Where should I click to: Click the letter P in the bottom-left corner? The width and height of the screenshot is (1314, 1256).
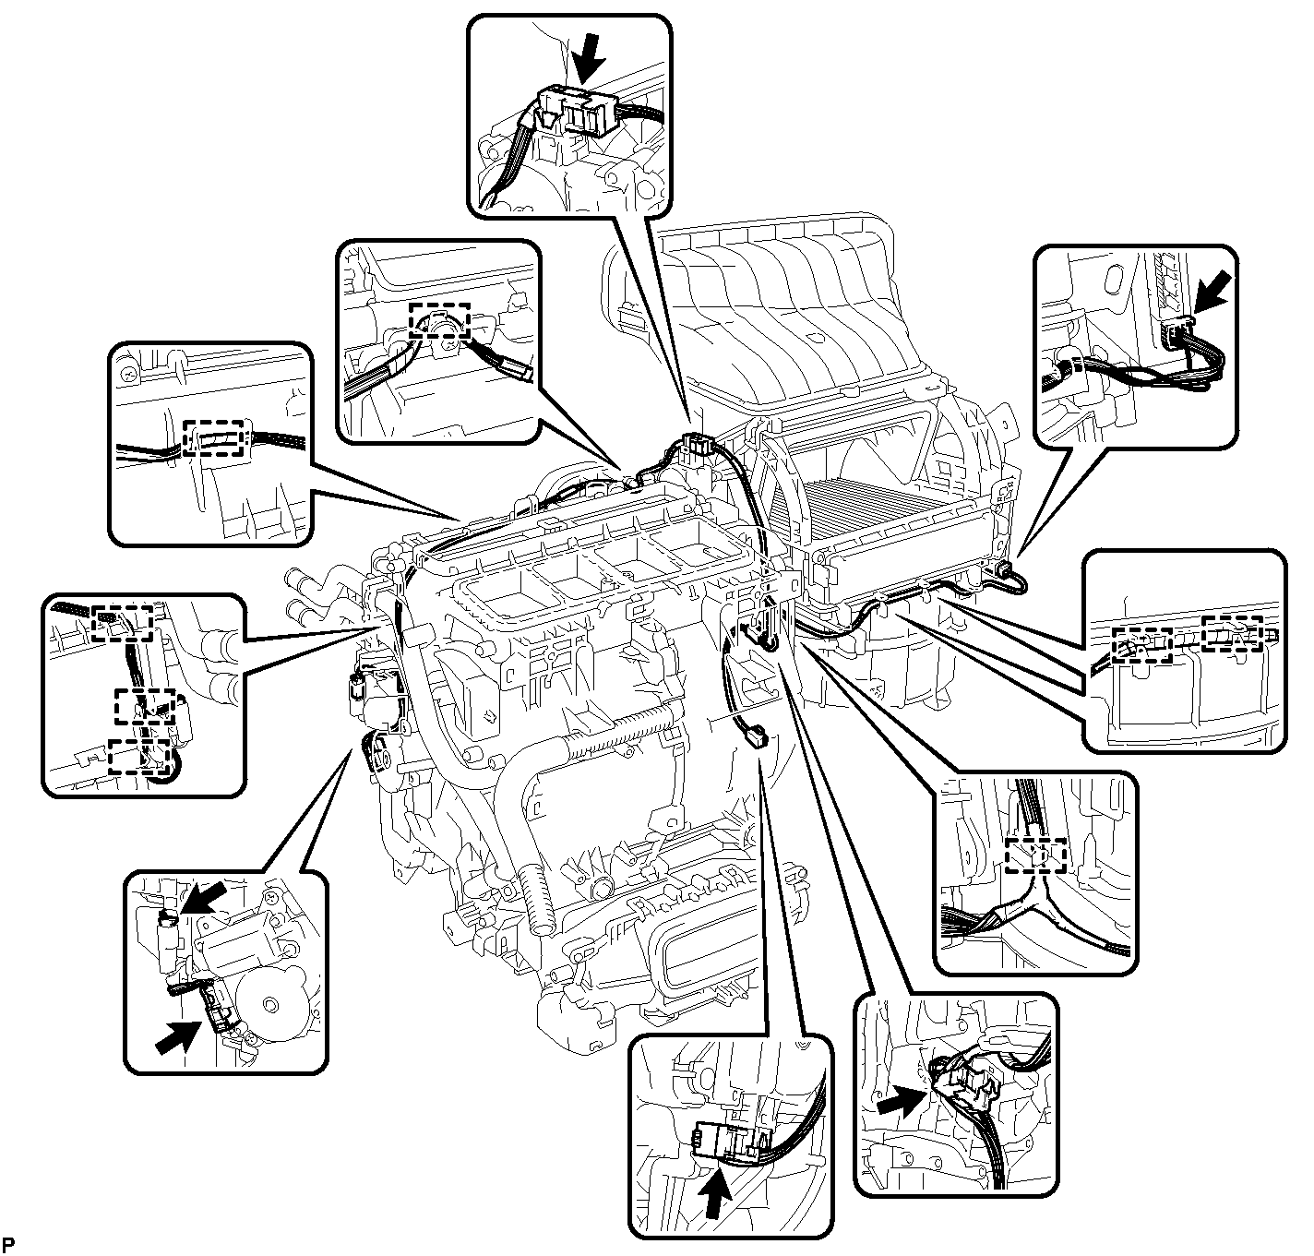pos(9,1244)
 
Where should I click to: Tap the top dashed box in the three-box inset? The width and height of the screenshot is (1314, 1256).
pos(124,623)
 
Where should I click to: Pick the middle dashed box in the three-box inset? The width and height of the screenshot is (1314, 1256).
pos(145,706)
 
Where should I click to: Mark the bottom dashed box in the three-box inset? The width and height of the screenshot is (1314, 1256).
pos(139,756)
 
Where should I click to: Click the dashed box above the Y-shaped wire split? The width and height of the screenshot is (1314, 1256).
pos(1035,855)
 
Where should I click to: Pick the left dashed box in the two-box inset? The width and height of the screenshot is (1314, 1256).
pos(1141,645)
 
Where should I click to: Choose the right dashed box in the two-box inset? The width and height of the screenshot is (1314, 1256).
pos(1232,633)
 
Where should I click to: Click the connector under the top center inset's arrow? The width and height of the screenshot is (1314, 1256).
pos(573,110)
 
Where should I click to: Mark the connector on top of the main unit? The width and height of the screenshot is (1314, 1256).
pos(694,445)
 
